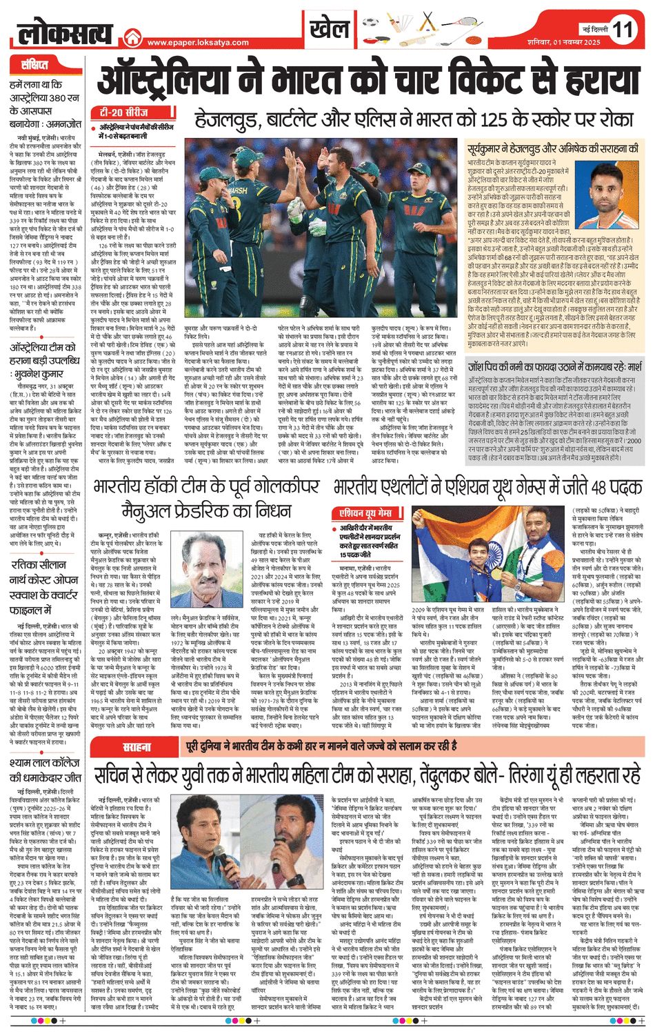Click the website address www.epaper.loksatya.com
click(198, 43)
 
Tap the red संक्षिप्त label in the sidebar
click(34, 66)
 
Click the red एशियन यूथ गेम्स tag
click(366, 513)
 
